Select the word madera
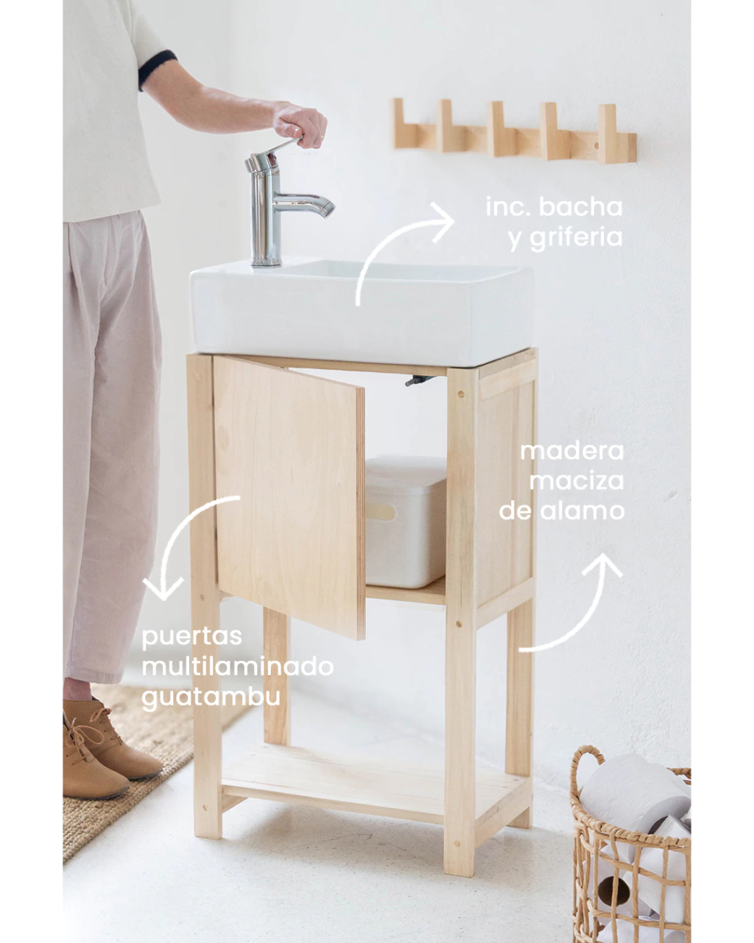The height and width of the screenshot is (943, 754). (x=571, y=452)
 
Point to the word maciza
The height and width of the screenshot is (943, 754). (x=576, y=481)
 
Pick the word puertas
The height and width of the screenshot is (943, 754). (x=191, y=637)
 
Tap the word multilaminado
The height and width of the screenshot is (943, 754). (x=236, y=667)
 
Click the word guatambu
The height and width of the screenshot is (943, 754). (x=210, y=698)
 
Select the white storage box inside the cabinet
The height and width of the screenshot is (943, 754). (x=405, y=522)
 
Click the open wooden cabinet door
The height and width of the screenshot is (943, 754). (x=289, y=497)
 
